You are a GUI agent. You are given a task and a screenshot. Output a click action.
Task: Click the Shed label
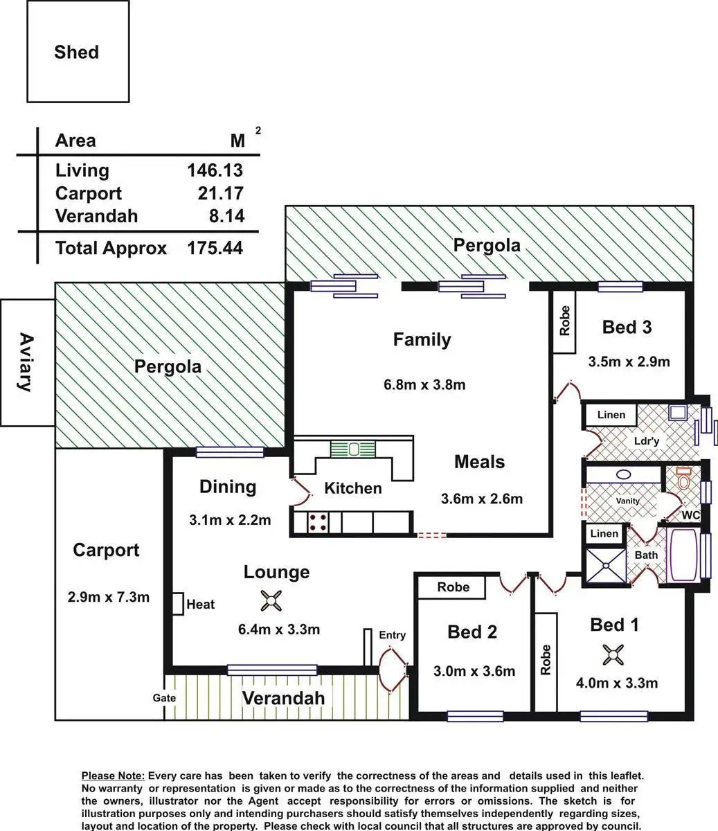pyautogui.click(x=76, y=53)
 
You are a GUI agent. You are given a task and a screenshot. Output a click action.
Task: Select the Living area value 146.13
pyautogui.click(x=215, y=170)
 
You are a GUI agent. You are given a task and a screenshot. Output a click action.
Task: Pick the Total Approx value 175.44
pyautogui.click(x=215, y=248)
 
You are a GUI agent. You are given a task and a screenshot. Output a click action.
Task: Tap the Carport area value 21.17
pyautogui.click(x=220, y=193)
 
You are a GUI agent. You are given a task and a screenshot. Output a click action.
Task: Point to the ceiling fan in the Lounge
pyautogui.click(x=270, y=601)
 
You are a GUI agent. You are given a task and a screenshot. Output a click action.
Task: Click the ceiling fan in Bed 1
pyautogui.click(x=613, y=654)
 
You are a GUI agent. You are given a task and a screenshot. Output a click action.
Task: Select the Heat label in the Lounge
pyautogui.click(x=201, y=605)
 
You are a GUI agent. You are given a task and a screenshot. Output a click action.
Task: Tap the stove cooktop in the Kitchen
pyautogui.click(x=318, y=521)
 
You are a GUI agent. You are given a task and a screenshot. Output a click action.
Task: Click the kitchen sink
pyautogui.click(x=353, y=449)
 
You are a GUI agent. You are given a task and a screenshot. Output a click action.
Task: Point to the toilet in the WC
pyautogui.click(x=684, y=479)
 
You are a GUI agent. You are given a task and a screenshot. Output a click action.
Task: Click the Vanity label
pyautogui.click(x=628, y=501)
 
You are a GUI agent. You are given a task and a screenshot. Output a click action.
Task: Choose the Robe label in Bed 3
pyautogui.click(x=565, y=321)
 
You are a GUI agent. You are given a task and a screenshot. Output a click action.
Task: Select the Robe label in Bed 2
pyautogui.click(x=453, y=587)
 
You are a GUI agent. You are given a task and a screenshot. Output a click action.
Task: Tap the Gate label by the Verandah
pyautogui.click(x=164, y=698)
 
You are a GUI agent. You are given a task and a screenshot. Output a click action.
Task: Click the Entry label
pyautogui.click(x=392, y=635)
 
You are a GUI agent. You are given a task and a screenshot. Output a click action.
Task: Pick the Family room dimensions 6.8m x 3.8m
pyautogui.click(x=424, y=385)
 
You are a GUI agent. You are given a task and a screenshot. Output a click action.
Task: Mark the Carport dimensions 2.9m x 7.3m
pyautogui.click(x=108, y=597)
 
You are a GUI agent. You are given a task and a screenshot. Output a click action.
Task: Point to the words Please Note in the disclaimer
pyautogui.click(x=113, y=776)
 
